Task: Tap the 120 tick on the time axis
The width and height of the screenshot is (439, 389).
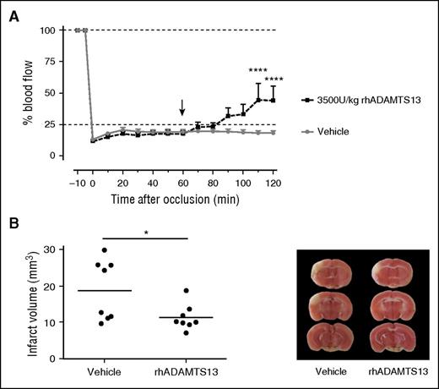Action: point(274,183)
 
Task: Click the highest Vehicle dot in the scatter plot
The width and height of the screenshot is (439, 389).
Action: point(104,250)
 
